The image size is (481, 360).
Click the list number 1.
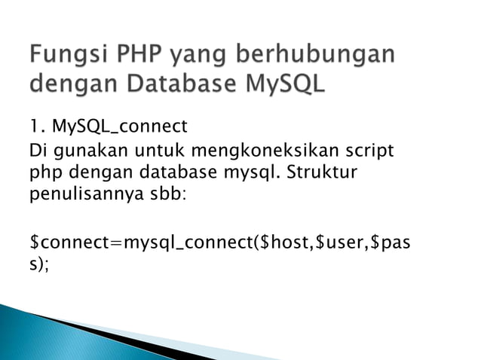point(35,125)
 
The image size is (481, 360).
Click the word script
point(367,151)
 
